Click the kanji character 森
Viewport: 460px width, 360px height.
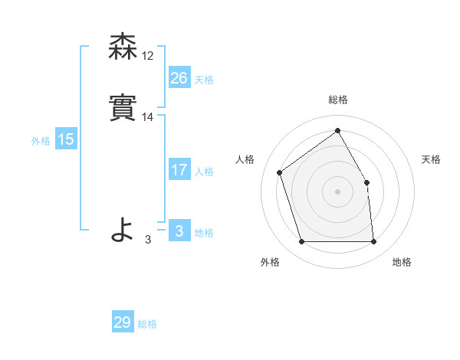click(x=123, y=47)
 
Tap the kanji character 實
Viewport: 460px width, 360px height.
click(x=123, y=109)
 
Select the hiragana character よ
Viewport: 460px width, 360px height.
click(x=123, y=229)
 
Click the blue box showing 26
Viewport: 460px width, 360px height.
click(x=179, y=78)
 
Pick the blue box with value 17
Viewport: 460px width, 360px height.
click(x=179, y=171)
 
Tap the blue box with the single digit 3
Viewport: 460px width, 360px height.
click(x=179, y=231)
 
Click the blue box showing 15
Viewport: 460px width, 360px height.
click(x=66, y=139)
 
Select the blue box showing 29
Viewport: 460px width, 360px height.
click(x=123, y=322)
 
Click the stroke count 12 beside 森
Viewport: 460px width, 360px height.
click(x=148, y=56)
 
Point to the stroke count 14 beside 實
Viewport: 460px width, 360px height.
click(x=148, y=118)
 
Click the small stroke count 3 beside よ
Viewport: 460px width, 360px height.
click(x=148, y=240)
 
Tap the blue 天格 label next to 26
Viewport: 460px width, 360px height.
click(x=204, y=79)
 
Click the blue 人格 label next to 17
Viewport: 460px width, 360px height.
click(x=204, y=172)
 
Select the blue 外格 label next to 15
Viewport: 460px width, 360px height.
click(x=41, y=141)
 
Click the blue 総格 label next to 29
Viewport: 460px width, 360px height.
click(x=147, y=324)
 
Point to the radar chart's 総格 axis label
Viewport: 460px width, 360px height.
click(x=337, y=100)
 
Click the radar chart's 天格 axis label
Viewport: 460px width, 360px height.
click(x=431, y=159)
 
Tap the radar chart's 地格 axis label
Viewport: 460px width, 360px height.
click(x=402, y=262)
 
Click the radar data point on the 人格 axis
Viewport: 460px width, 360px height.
click(x=281, y=172)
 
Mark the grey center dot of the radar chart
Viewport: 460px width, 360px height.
click(x=337, y=191)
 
